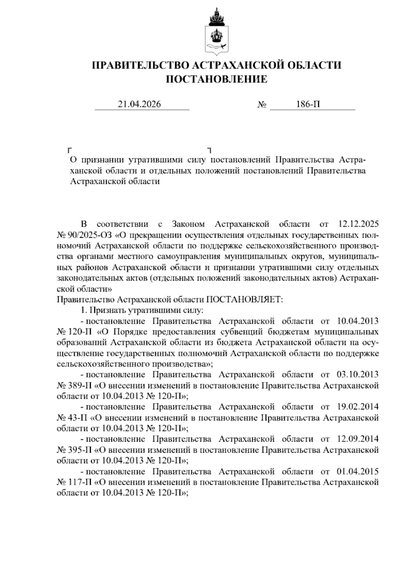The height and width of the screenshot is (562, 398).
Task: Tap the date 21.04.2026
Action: coord(139,104)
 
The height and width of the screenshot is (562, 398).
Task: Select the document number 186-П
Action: coord(308,104)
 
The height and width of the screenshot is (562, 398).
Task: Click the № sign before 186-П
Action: coord(262,105)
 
